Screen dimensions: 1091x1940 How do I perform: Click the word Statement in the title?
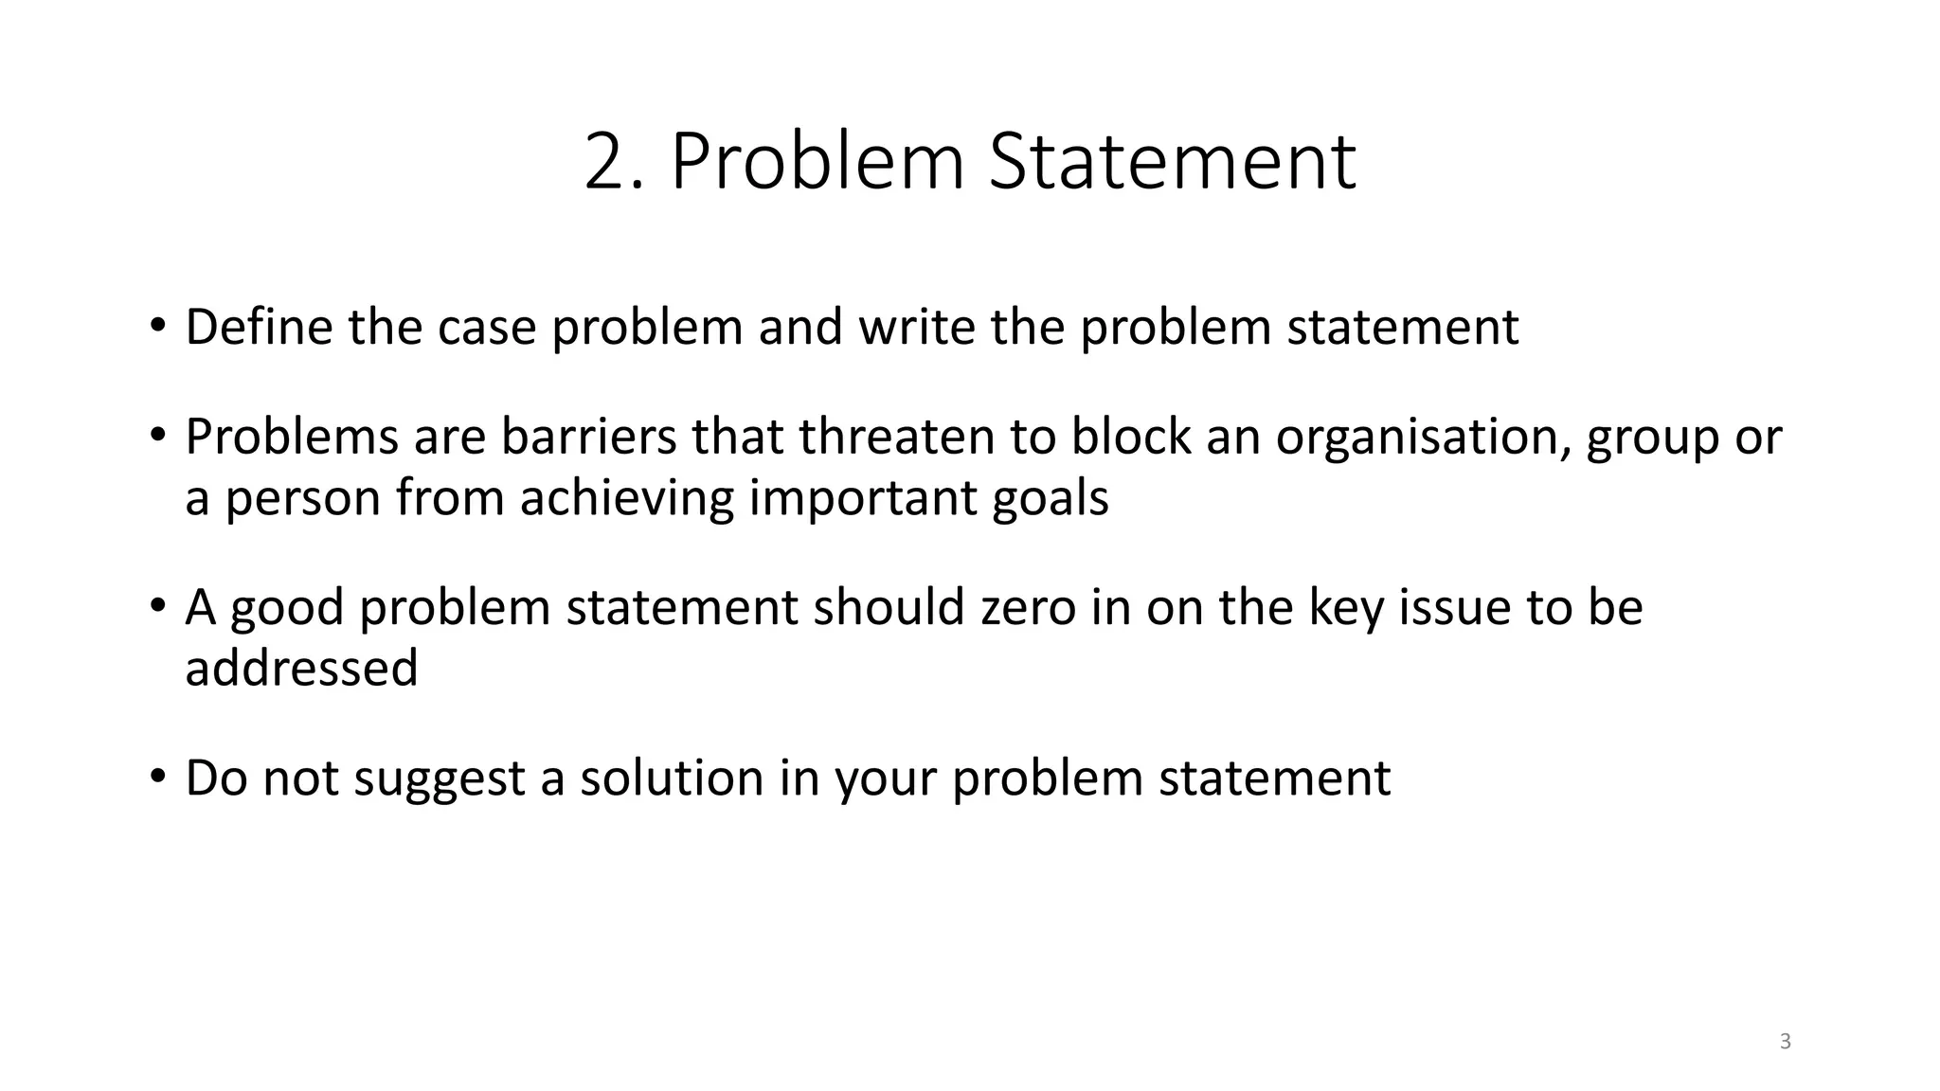coord(1172,162)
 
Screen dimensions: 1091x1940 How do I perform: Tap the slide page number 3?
coord(1785,1042)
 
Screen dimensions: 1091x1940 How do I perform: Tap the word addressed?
coord(301,668)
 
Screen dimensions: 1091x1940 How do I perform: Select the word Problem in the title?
coord(817,162)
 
